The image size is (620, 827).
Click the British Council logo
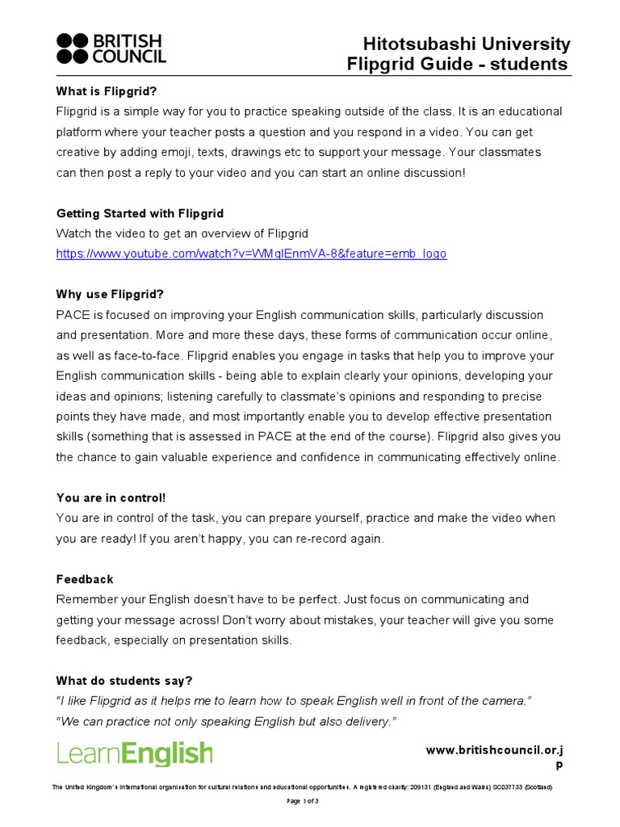(x=111, y=48)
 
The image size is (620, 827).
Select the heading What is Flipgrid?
(x=107, y=90)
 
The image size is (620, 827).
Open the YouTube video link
(x=251, y=254)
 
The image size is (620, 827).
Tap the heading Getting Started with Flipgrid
(x=140, y=213)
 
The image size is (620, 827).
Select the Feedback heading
(x=85, y=579)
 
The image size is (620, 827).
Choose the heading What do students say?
(x=124, y=681)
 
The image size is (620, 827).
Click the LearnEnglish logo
(x=135, y=754)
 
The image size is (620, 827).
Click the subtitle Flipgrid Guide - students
(x=457, y=65)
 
